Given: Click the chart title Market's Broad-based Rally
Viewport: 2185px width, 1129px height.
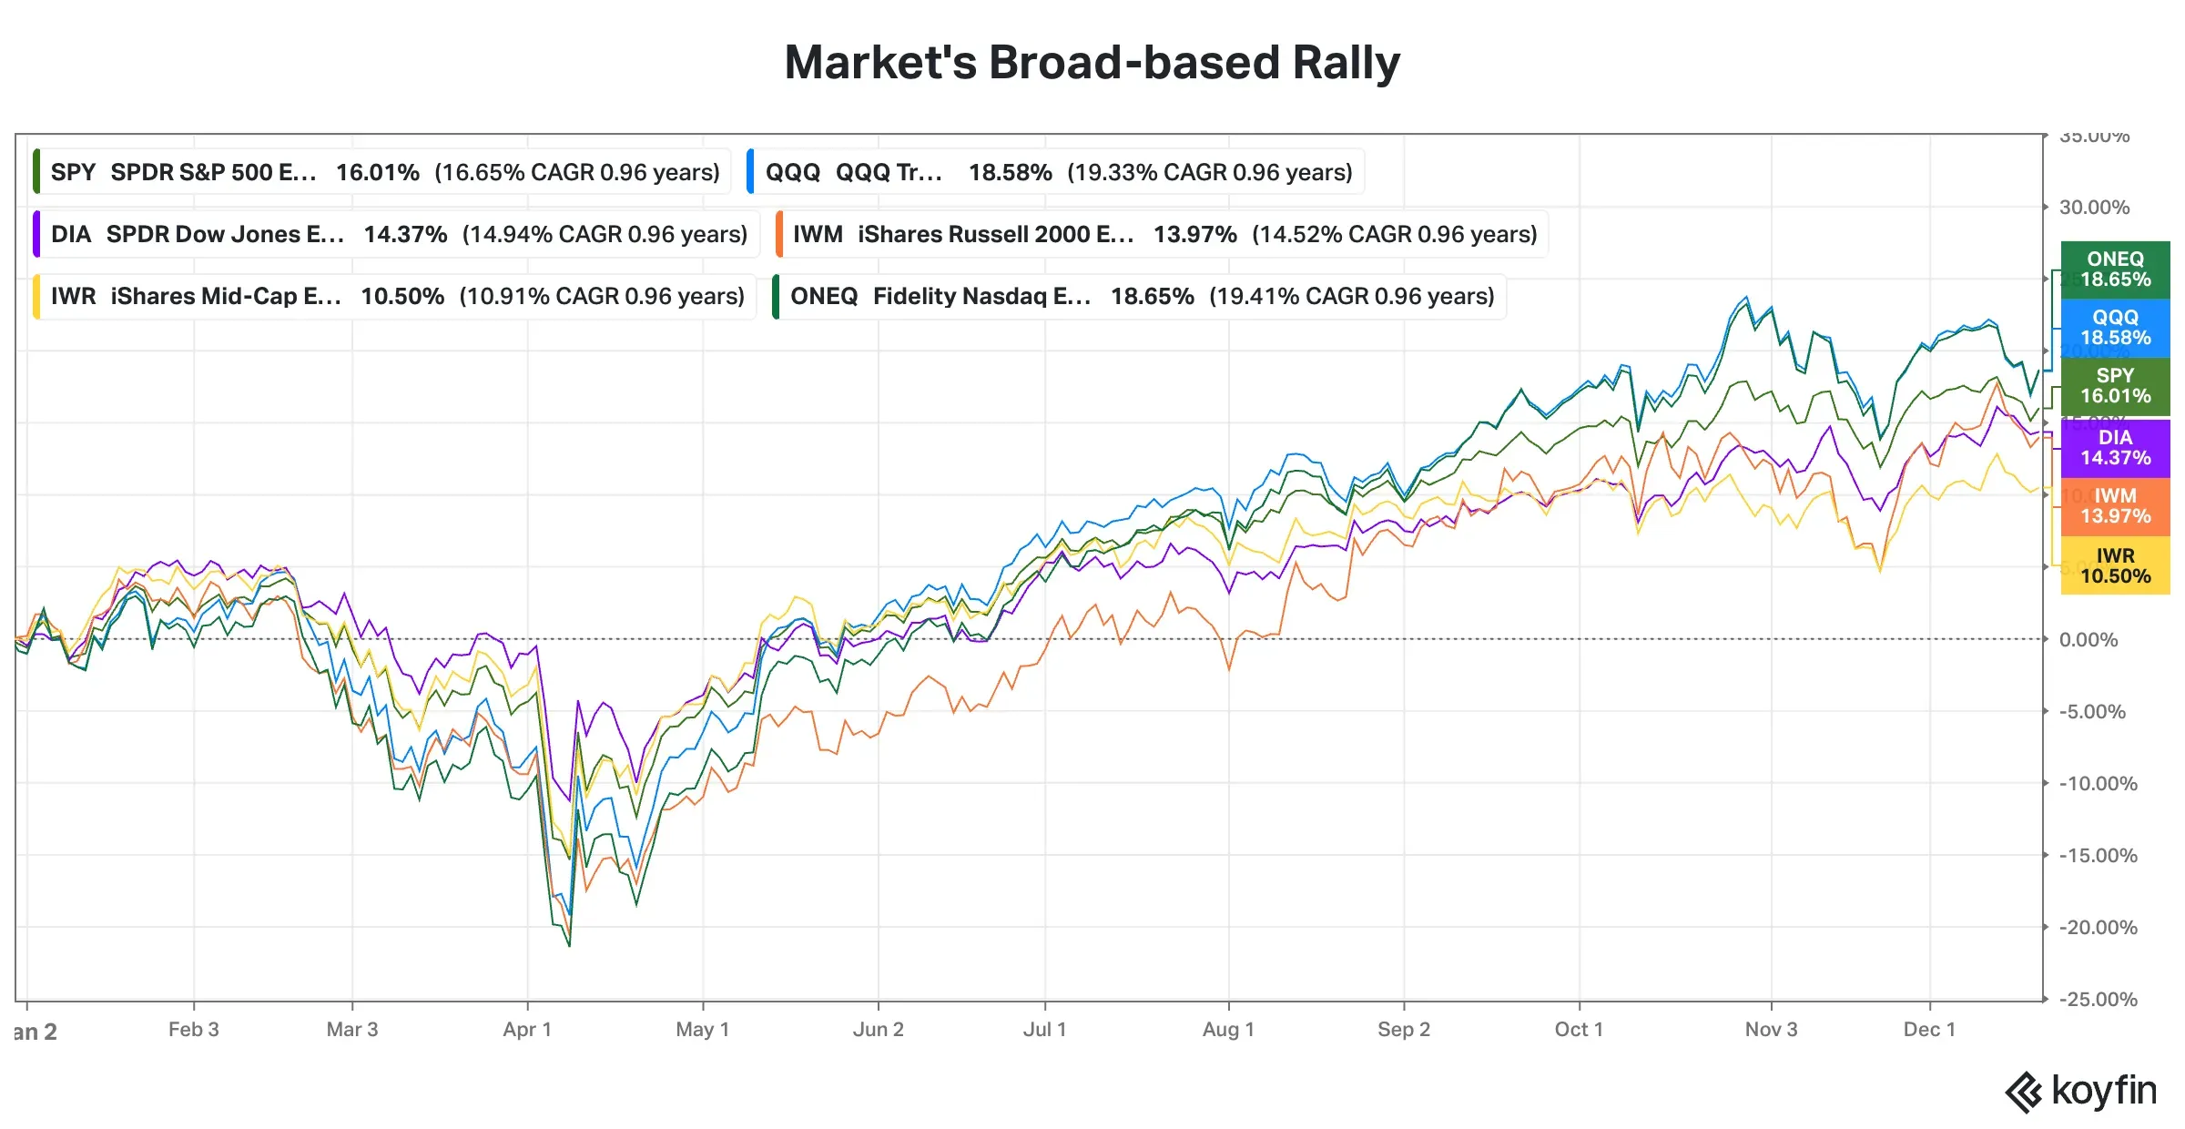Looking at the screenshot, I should tap(1092, 63).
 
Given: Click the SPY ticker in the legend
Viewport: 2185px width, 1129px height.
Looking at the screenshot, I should tap(73, 172).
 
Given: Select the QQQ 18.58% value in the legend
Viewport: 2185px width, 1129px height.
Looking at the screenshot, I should tap(1010, 172).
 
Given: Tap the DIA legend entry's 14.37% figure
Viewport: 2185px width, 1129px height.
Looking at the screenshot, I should tap(405, 234).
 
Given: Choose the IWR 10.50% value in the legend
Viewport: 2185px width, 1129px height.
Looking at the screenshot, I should tap(402, 296).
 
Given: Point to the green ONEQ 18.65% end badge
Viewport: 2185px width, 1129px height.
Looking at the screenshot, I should tap(2115, 270).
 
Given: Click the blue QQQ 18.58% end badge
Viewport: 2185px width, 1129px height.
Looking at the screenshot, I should tap(2115, 328).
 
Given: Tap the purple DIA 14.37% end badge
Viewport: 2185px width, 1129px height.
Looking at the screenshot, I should tap(2115, 448).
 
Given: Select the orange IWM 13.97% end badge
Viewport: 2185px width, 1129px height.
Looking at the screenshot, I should tap(2115, 506).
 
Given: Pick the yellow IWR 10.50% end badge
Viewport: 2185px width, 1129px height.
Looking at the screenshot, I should tap(2115, 565).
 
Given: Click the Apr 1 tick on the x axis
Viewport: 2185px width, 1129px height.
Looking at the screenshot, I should tap(527, 1030).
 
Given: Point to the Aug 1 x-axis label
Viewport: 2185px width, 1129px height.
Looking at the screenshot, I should tap(1228, 1030).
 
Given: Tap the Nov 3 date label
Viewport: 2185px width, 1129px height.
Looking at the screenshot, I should tap(1771, 1030).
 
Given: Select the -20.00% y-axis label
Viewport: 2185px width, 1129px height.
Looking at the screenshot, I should tap(2098, 928).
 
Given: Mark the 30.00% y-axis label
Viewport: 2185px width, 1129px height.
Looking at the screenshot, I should tap(2094, 208).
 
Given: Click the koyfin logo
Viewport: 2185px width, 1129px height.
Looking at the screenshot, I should tap(2080, 1091).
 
